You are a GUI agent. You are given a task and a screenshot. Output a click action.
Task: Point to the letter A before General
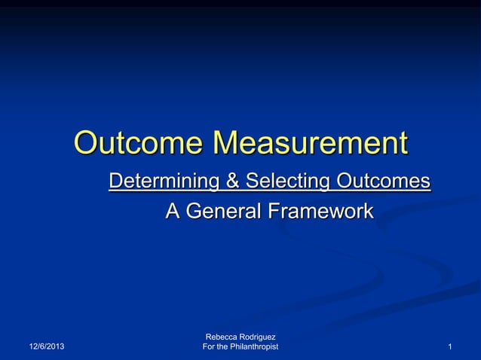click(173, 212)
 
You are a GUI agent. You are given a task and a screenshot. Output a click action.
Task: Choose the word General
click(223, 212)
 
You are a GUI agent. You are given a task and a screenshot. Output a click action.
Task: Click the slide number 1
click(449, 346)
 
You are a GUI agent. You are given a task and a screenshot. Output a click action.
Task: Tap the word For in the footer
click(210, 346)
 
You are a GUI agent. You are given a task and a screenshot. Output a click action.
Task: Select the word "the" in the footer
click(225, 346)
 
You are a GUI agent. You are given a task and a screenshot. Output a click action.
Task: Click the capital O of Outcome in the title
click(89, 143)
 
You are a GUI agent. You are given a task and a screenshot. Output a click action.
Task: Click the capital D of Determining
click(115, 182)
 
